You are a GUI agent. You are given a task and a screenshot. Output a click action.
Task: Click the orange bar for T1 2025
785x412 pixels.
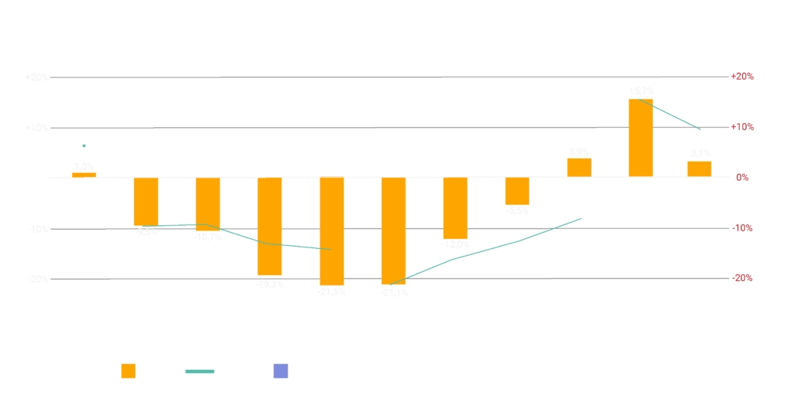(x=640, y=138)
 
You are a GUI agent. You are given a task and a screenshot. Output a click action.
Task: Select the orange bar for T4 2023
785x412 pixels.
(x=332, y=231)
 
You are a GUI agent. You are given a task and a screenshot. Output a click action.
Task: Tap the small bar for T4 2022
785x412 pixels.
(x=84, y=175)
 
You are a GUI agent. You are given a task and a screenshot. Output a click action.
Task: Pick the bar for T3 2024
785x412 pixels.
(x=517, y=191)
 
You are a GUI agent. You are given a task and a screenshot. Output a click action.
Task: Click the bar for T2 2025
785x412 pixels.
(x=699, y=168)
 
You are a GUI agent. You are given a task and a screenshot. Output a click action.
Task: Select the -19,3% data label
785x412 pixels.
(x=270, y=284)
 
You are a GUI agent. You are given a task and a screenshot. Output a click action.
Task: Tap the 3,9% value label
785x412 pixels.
(x=579, y=152)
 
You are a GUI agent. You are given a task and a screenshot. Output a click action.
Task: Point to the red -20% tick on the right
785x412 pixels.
(x=742, y=278)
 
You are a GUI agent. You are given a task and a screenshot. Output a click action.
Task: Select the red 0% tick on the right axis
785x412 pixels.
(x=742, y=178)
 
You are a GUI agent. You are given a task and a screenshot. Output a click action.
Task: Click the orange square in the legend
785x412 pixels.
(x=129, y=371)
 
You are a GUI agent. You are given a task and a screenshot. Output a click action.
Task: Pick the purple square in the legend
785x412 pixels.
(x=281, y=371)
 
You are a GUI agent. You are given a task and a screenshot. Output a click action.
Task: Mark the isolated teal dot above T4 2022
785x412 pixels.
(x=84, y=146)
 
